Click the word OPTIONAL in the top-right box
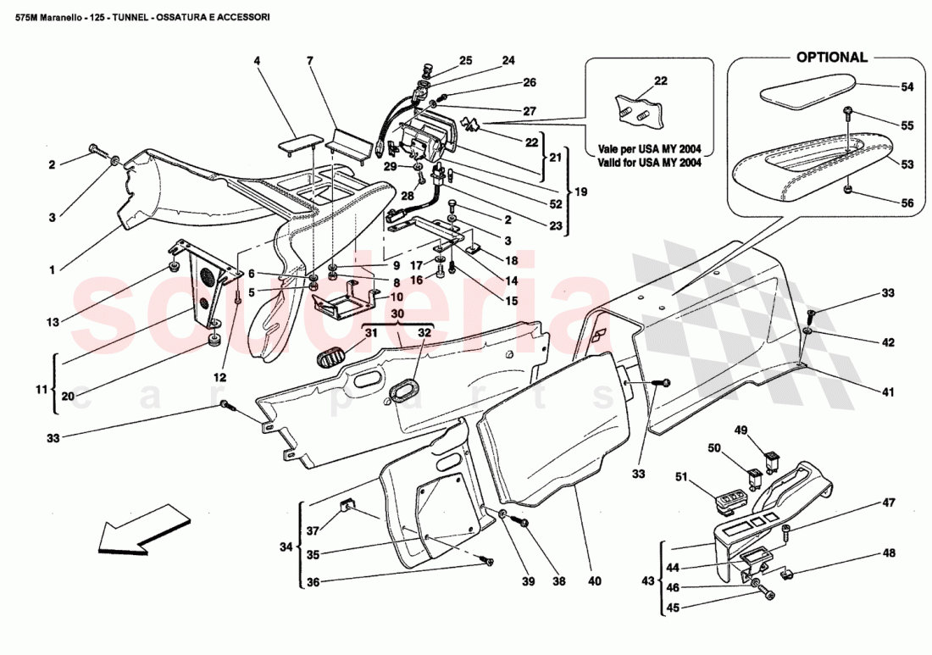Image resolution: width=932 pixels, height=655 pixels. pyautogui.click(x=830, y=58)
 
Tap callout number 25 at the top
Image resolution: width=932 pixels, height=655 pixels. pyautogui.click(x=465, y=60)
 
